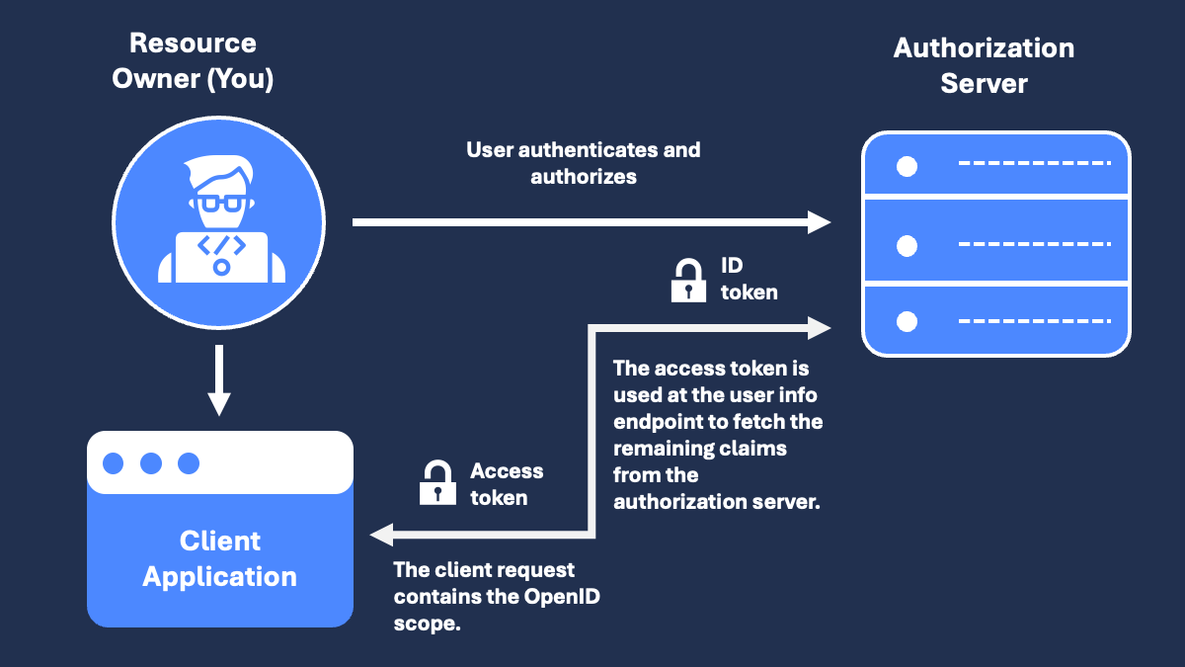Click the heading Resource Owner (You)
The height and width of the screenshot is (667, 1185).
coord(193,60)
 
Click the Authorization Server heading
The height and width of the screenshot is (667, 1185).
coord(984,65)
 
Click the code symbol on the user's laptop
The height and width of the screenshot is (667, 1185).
coord(221,244)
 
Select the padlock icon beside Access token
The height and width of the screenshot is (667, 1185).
coord(435,483)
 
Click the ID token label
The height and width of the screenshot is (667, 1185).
coord(749,279)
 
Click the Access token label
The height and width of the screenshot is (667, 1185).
coord(506,484)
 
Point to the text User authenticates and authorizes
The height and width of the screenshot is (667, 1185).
coord(583,163)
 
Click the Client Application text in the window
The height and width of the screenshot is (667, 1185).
coord(219,559)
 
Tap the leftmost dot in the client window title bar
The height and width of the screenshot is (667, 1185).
coord(114,463)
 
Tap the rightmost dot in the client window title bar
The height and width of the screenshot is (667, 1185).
coord(189,463)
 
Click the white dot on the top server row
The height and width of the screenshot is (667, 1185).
coord(907,166)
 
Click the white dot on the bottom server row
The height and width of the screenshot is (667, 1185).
coord(907,321)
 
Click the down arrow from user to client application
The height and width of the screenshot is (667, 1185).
coord(219,380)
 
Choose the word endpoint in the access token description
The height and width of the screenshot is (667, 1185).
coord(657,422)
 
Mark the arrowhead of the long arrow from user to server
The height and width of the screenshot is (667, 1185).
coord(819,222)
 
